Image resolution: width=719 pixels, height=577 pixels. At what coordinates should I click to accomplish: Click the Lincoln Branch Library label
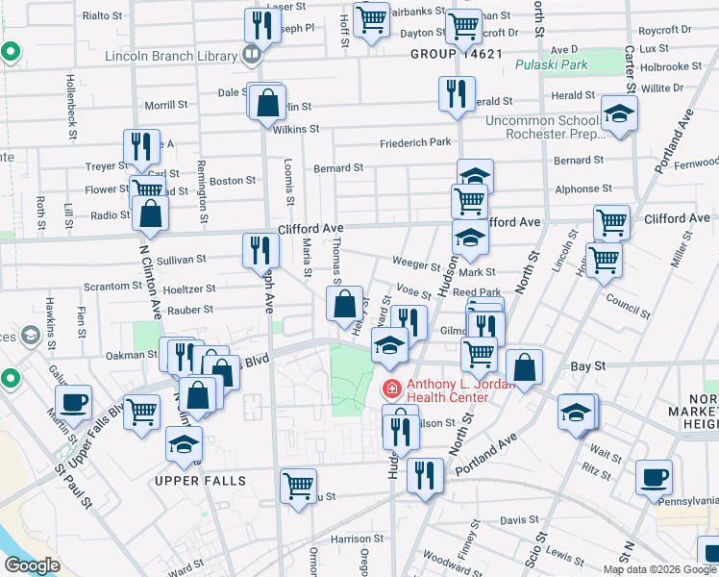171,55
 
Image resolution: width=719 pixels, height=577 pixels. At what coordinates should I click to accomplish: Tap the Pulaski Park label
563,65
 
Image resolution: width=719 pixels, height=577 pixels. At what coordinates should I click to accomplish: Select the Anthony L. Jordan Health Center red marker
391,389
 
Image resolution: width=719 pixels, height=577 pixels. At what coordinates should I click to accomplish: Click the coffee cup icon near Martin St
74,403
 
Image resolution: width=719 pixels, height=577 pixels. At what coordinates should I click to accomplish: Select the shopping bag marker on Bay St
524,366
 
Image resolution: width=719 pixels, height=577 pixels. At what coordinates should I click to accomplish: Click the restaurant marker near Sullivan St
260,250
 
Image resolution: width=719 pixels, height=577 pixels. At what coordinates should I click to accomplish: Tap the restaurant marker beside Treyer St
141,147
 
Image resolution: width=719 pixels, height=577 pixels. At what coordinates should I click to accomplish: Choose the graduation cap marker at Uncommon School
619,113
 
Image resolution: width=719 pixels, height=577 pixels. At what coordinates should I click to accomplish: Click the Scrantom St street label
107,287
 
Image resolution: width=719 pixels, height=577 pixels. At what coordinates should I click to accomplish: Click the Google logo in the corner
32,565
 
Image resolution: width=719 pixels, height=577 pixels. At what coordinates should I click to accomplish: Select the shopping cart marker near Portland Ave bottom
298,485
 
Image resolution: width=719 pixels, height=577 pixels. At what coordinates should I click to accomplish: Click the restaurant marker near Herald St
456,94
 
